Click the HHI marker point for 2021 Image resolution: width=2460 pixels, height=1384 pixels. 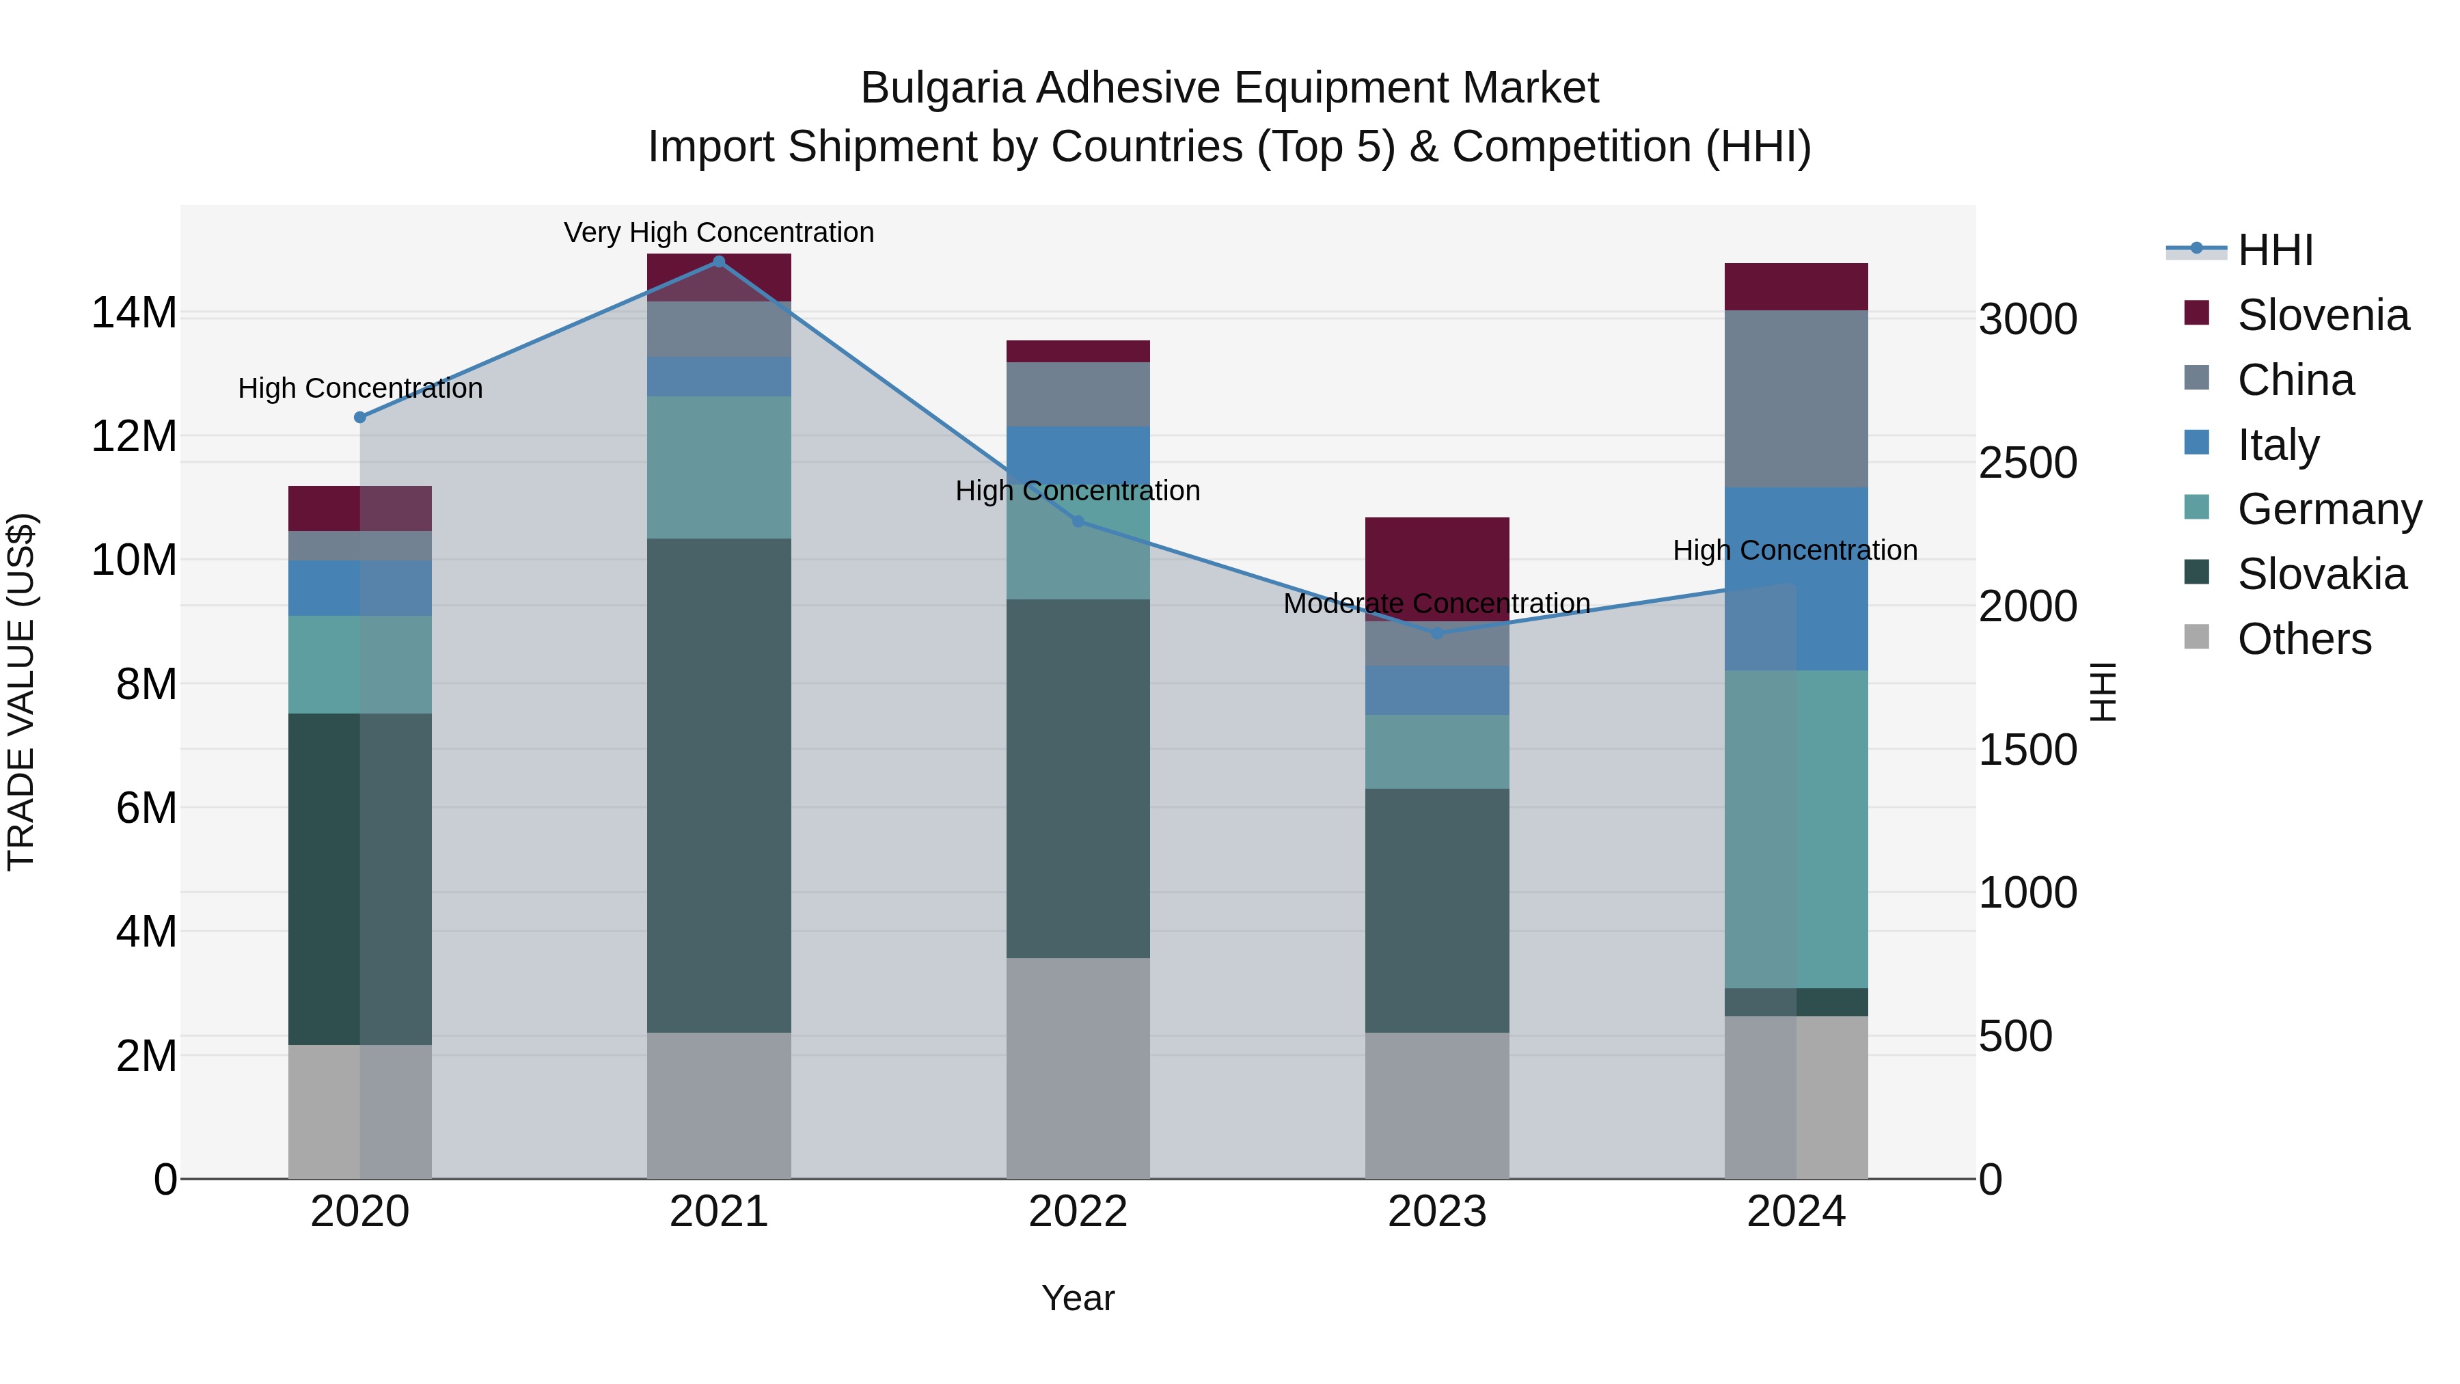pos(719,262)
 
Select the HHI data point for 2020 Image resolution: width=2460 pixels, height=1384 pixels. pos(360,418)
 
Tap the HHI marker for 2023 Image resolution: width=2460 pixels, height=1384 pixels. pos(1437,634)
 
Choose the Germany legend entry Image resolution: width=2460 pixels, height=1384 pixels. pos(2328,509)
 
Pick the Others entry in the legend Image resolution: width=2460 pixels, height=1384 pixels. pos(2304,639)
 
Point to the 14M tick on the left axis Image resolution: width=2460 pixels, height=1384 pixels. pos(134,313)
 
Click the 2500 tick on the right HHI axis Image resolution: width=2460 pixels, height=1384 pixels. pos(2027,463)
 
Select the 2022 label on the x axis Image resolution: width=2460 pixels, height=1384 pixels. pos(1078,1212)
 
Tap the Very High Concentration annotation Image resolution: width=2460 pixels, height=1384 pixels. pos(719,232)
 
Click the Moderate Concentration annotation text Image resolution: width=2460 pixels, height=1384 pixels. pos(1436,603)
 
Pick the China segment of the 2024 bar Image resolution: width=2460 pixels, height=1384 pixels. pos(1796,398)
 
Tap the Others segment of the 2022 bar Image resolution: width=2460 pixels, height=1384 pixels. pos(1078,1068)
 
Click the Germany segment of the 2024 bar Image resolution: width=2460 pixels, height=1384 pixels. pos(1796,828)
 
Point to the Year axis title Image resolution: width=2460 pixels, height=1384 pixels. pos(1078,1298)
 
